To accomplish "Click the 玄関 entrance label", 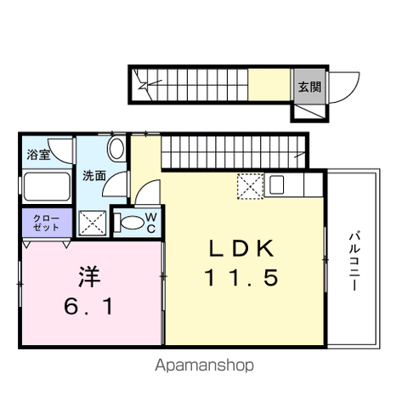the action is [x=310, y=87].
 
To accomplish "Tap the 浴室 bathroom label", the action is [x=38, y=155].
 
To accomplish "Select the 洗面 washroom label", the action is [x=94, y=176].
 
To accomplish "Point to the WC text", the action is [x=151, y=224].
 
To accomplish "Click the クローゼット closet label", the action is [x=46, y=223].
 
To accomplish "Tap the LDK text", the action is [x=241, y=248].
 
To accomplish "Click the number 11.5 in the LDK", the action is [x=241, y=277].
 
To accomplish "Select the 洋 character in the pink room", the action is [x=89, y=276].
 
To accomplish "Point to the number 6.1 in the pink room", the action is [x=88, y=306].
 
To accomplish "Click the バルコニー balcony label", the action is [x=354, y=261].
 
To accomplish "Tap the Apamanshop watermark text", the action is [x=204, y=365].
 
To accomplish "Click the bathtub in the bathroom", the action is [x=47, y=187].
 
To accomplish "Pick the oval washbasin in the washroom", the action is [x=116, y=149].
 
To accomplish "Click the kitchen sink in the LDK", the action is [x=276, y=184].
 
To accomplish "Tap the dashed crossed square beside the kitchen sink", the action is [x=250, y=186].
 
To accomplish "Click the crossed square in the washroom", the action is [x=93, y=223].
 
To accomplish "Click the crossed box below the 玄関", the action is [x=310, y=112].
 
